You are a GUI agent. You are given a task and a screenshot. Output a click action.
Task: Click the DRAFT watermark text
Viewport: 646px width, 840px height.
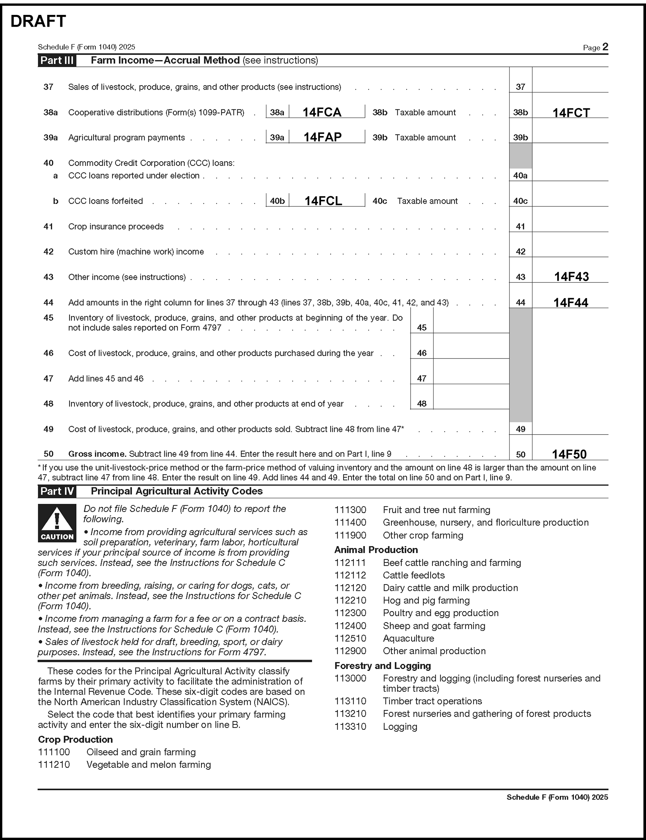(x=38, y=22)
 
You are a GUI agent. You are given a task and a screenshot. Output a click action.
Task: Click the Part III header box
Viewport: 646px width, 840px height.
(x=57, y=60)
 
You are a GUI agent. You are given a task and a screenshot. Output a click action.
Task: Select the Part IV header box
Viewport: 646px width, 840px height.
(x=57, y=491)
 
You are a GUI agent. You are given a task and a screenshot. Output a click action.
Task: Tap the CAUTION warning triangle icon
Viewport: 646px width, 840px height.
(x=57, y=523)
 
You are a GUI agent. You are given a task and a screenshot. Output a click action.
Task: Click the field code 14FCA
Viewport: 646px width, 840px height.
(x=322, y=112)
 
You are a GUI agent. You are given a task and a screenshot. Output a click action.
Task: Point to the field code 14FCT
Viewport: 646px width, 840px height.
(x=571, y=113)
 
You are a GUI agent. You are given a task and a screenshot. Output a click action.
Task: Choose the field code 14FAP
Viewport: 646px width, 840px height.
(x=322, y=137)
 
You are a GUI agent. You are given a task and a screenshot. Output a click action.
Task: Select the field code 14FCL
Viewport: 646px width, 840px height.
(x=323, y=201)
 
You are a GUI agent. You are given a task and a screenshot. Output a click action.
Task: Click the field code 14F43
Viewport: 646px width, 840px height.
(x=571, y=276)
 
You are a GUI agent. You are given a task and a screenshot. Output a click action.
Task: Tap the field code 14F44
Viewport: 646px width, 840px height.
(x=571, y=303)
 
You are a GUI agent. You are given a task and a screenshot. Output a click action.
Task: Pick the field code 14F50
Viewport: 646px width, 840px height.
(x=569, y=454)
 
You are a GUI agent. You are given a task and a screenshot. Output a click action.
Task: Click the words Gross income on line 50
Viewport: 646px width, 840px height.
(x=97, y=454)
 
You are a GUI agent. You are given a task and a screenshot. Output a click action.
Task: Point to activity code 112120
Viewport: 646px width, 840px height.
(x=350, y=588)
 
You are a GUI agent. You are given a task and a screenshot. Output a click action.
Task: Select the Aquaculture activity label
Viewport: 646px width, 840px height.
(x=408, y=639)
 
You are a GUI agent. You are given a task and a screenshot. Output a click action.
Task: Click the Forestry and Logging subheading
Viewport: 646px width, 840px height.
(x=382, y=666)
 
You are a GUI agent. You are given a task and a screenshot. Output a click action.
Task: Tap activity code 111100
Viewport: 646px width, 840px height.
(x=54, y=752)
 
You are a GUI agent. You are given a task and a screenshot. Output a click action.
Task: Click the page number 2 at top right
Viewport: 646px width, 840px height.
(x=605, y=47)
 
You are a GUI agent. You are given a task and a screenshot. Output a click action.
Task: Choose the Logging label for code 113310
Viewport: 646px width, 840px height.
(x=400, y=727)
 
